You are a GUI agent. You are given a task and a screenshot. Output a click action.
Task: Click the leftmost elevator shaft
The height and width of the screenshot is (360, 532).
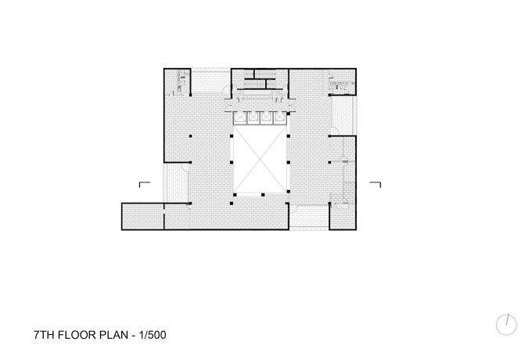pos(240,117)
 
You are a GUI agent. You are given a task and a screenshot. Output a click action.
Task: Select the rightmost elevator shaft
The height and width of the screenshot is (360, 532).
pos(279,117)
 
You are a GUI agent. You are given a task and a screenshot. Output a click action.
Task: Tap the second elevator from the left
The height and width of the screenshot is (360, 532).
pos(253,117)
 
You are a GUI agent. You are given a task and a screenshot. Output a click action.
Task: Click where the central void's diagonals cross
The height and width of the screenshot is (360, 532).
pos(260,159)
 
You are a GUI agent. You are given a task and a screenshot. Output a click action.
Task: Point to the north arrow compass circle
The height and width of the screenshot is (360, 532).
pos(506,325)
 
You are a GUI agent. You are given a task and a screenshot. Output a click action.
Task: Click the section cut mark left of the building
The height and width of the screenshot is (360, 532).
pos(144,184)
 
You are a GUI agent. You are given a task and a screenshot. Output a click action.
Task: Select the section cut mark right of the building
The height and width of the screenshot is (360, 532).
pos(376,184)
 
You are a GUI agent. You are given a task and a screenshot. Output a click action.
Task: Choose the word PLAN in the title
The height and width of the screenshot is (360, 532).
pos(113,335)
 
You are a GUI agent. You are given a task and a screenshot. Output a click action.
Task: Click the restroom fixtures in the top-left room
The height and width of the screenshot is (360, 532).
pos(180,81)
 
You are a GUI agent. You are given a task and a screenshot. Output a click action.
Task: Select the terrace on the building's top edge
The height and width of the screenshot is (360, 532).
pos(210,81)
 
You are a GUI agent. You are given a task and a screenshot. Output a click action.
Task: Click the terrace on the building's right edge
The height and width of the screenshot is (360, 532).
pos(343,115)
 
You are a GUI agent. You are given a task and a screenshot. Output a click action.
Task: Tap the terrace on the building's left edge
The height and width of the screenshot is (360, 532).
pos(176,183)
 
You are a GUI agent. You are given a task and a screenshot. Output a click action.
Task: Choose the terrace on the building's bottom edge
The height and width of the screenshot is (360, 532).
pos(309,217)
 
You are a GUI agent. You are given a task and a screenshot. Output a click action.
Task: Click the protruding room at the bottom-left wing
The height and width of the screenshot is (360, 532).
pos(143,217)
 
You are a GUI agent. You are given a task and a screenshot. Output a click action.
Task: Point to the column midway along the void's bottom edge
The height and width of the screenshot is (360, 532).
pos(263,195)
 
